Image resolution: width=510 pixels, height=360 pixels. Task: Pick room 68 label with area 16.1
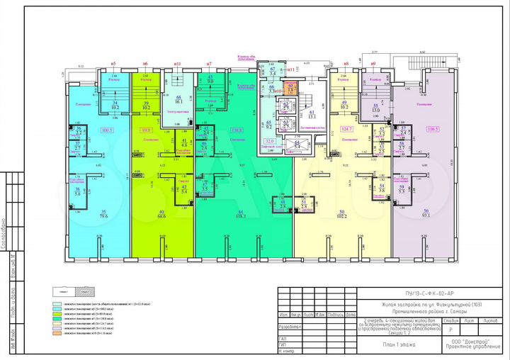[x=178, y=100]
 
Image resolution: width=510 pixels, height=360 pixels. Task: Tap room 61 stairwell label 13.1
[x=312, y=116]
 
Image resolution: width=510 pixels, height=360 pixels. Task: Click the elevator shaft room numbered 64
[x=297, y=144]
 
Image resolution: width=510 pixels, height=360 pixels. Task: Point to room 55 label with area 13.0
[x=375, y=108]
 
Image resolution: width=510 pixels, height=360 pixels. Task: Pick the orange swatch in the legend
[x=56, y=333]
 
